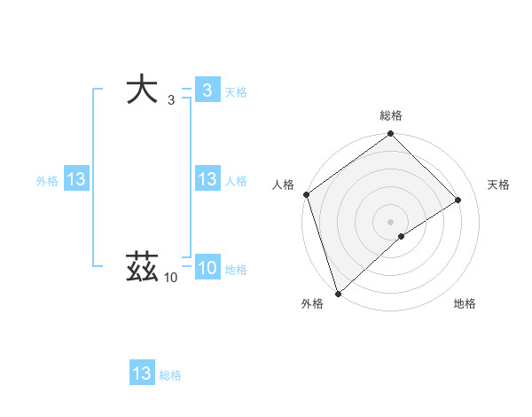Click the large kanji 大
tap(143, 90)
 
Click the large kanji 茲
tap(143, 267)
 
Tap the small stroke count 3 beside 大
tap(170, 100)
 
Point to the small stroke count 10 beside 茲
tap(170, 278)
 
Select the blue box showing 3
tap(207, 90)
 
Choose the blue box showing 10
tap(207, 268)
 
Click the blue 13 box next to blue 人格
tap(207, 179)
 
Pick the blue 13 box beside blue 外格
tap(76, 179)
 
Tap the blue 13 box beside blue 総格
tap(142, 374)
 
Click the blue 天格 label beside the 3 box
tap(236, 91)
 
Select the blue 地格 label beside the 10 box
tap(236, 269)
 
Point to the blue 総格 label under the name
tap(170, 374)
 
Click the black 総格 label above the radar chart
tap(390, 115)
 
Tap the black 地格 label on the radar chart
tap(464, 303)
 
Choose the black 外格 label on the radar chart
tap(311, 303)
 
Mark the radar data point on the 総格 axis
tap(390, 135)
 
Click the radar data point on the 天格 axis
tap(458, 200)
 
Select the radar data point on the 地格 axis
tap(402, 236)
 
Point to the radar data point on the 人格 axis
tap(306, 194)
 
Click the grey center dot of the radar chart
tap(390, 221)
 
